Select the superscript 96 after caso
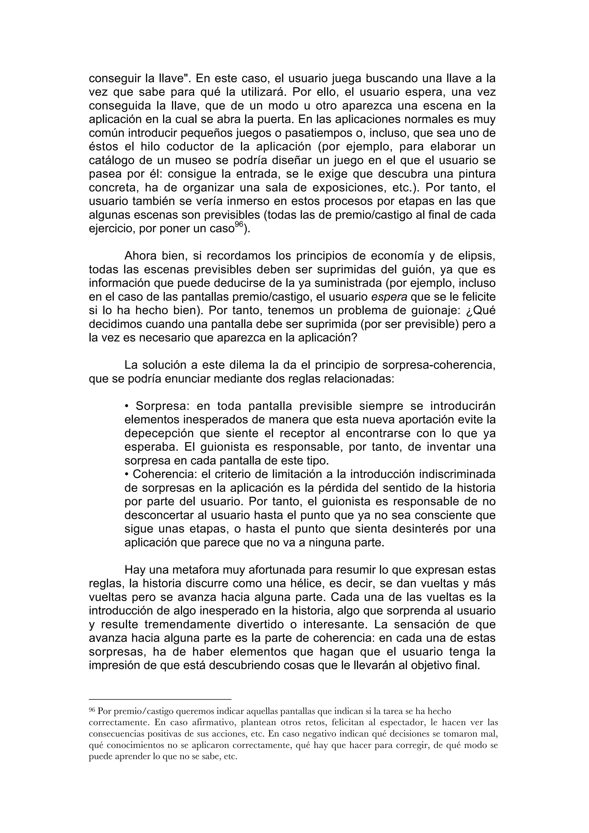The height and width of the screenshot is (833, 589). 238,224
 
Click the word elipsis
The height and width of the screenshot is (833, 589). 473,256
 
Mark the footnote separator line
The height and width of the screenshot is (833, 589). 160,698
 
